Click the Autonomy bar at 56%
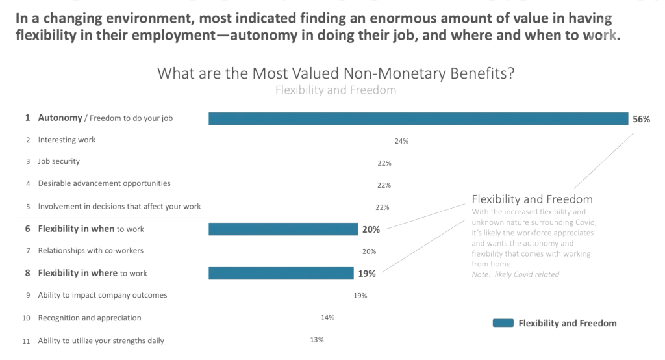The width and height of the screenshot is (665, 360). pyautogui.click(x=418, y=118)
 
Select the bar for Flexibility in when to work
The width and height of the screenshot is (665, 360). pyautogui.click(x=283, y=229)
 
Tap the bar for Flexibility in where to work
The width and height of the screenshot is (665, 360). pyautogui.click(x=281, y=273)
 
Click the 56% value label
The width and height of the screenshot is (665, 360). pyautogui.click(x=640, y=119)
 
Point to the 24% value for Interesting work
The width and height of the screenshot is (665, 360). pyautogui.click(x=401, y=141)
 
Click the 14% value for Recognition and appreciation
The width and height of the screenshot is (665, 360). pyautogui.click(x=327, y=318)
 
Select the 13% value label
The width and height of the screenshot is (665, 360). pyautogui.click(x=317, y=340)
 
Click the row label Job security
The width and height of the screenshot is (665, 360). pyautogui.click(x=59, y=161)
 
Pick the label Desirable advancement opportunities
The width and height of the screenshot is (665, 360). pyautogui.click(x=104, y=183)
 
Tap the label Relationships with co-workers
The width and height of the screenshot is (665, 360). pyautogui.click(x=90, y=250)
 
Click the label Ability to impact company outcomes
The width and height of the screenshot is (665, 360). pyautogui.click(x=103, y=295)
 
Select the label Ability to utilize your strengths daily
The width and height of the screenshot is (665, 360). pyautogui.click(x=101, y=341)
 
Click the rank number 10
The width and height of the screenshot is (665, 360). pyautogui.click(x=27, y=318)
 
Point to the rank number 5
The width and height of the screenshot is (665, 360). pyautogui.click(x=28, y=207)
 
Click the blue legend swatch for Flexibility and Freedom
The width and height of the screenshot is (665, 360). pyautogui.click(x=503, y=323)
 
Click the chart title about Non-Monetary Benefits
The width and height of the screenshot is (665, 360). pyautogui.click(x=336, y=73)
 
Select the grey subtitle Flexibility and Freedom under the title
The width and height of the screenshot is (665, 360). pyautogui.click(x=336, y=90)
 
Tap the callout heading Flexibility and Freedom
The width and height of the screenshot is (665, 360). pyautogui.click(x=532, y=199)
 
